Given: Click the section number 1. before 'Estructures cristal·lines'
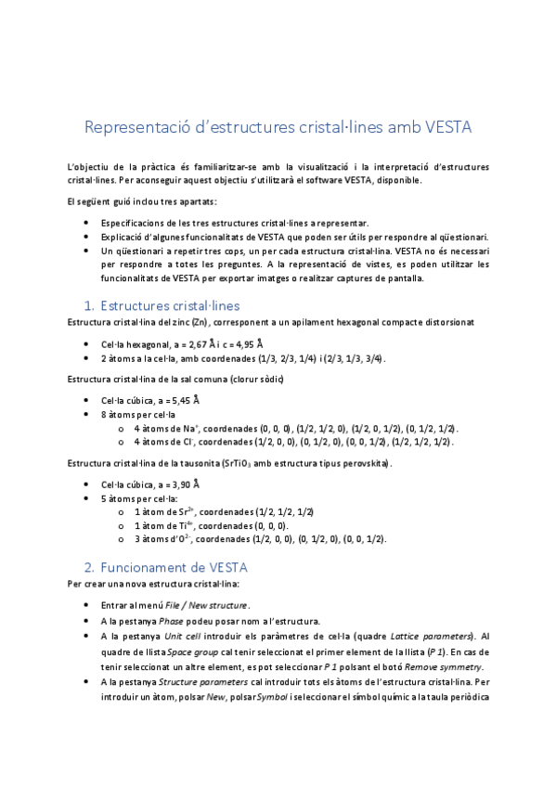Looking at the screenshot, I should [x=89, y=304].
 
